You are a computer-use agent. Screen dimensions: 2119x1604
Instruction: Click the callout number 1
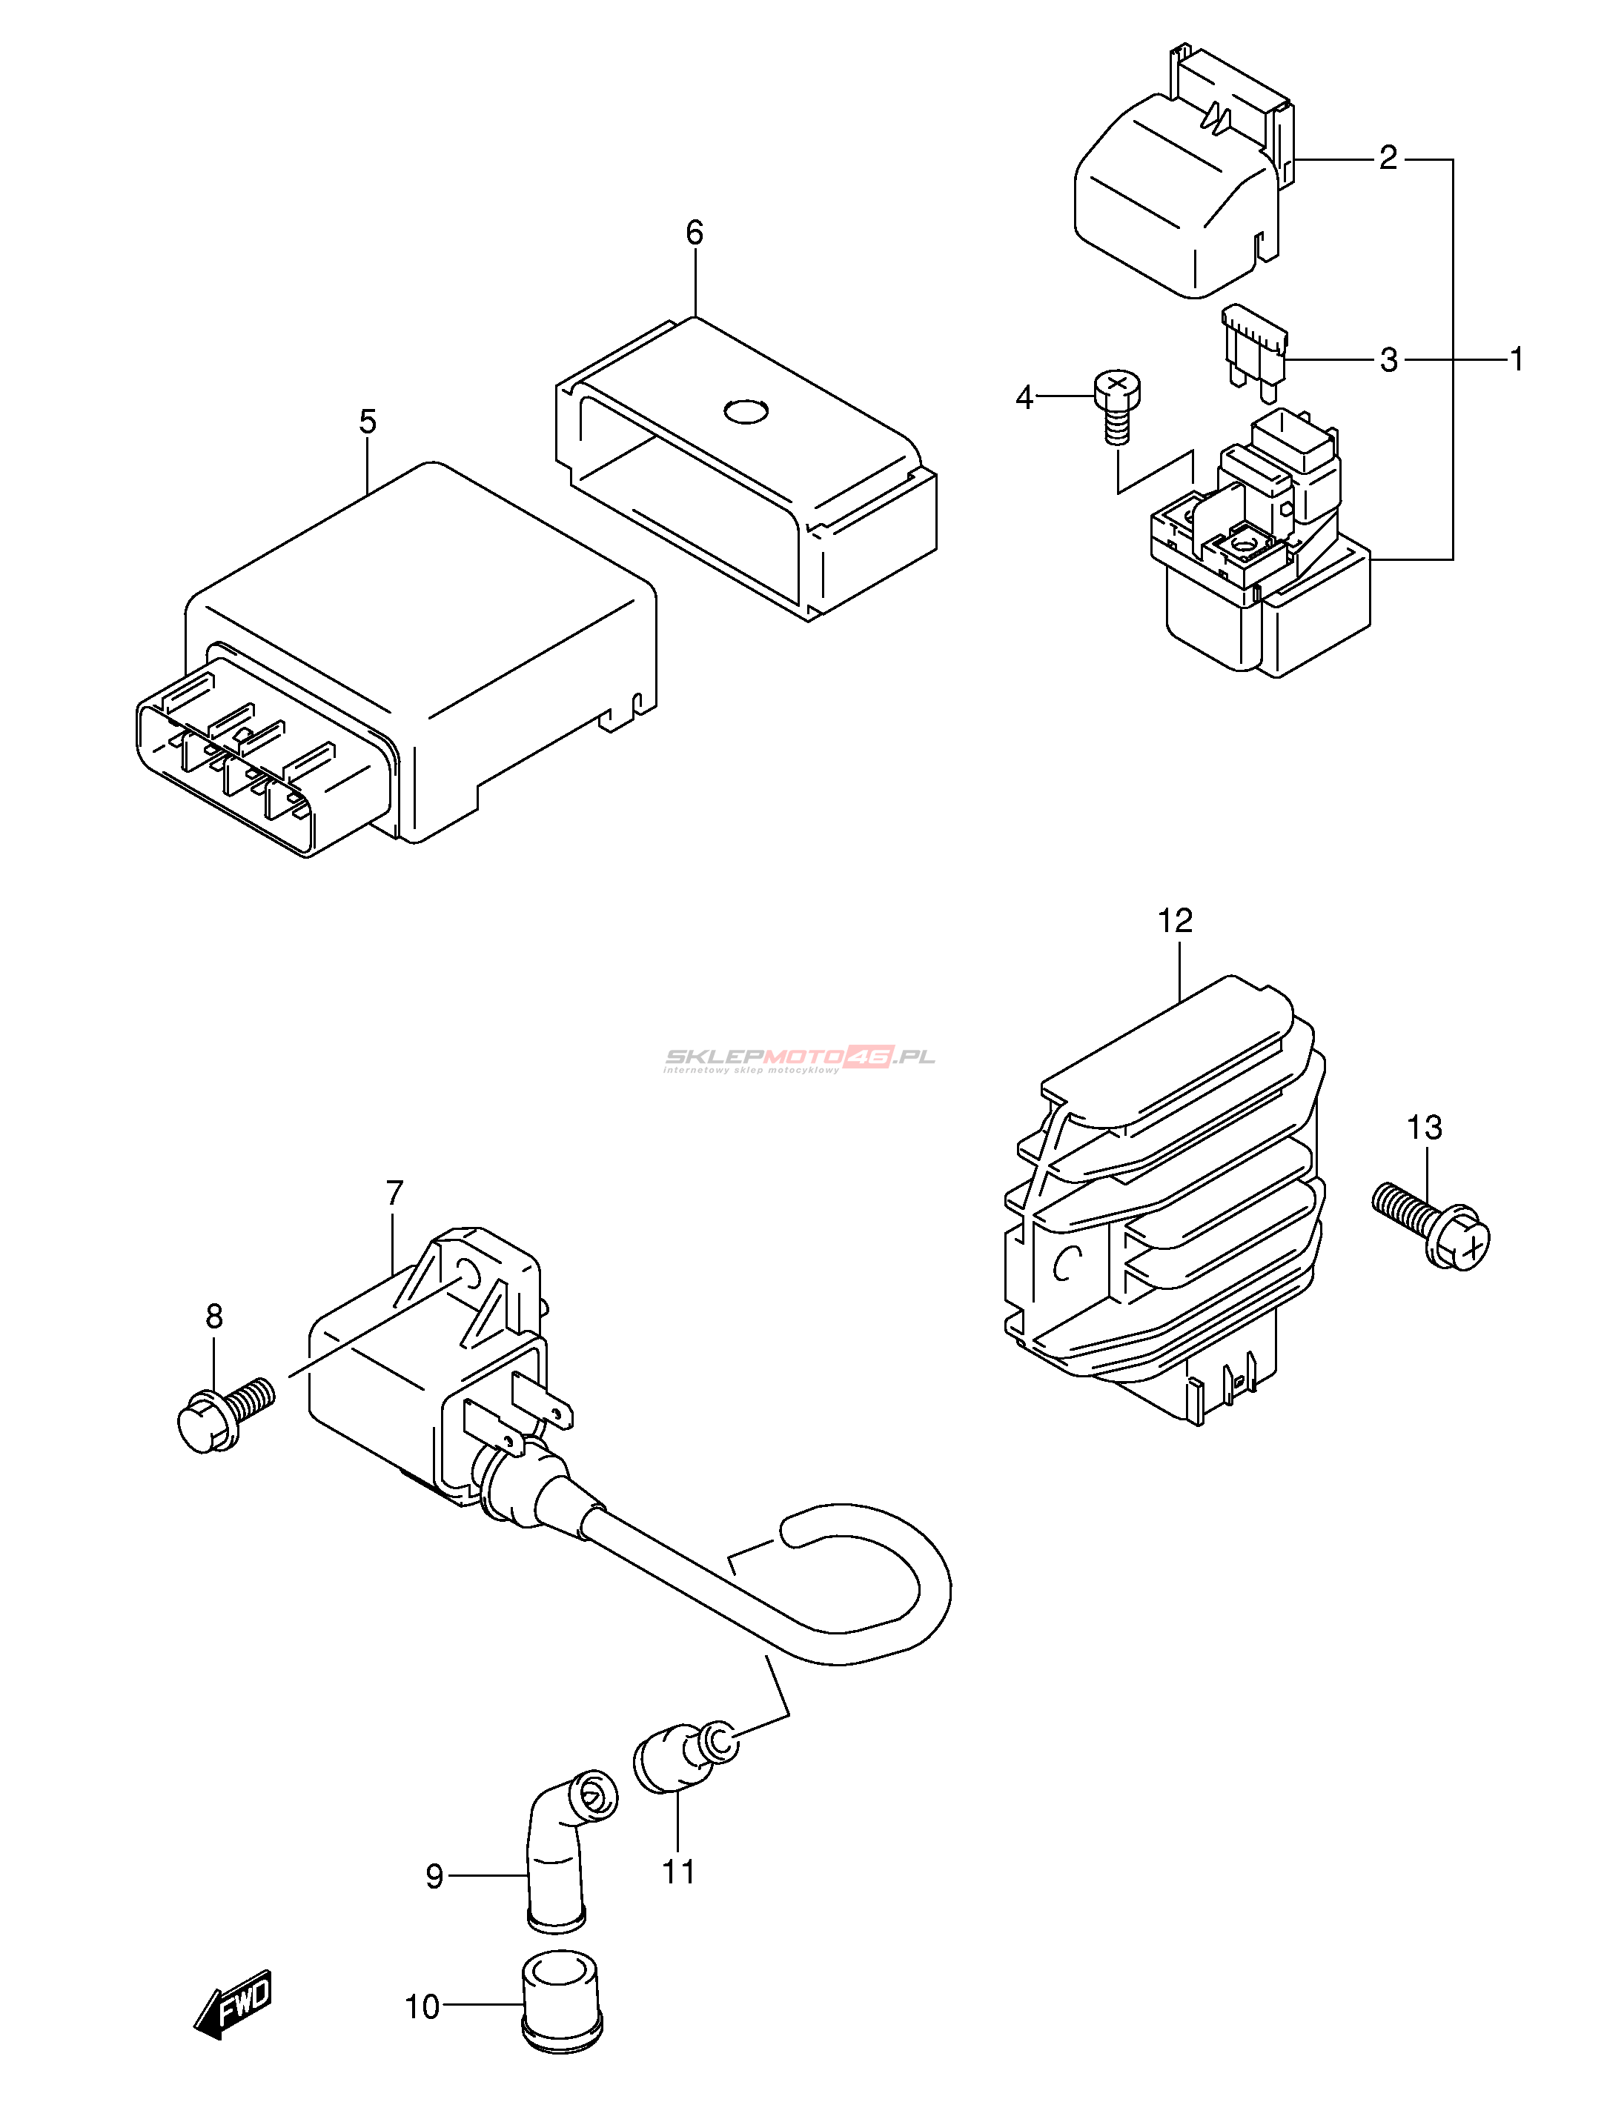[x=1516, y=359]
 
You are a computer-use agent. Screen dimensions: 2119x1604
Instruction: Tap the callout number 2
[x=1388, y=158]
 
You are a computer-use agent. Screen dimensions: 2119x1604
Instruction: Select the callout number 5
[x=368, y=422]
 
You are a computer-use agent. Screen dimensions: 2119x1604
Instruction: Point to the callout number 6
[x=695, y=233]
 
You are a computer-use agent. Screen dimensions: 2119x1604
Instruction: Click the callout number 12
[x=1176, y=922]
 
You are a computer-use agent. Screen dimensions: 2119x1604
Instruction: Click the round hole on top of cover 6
[x=746, y=413]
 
